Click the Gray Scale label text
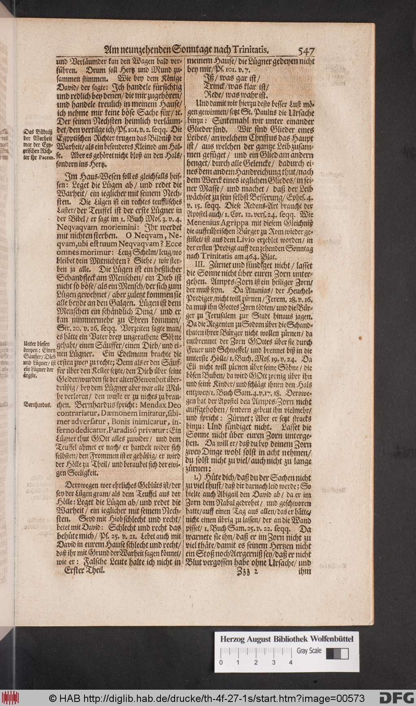tap(309, 651)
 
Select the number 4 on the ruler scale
tap(290, 662)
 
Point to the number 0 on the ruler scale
tap(221, 662)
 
